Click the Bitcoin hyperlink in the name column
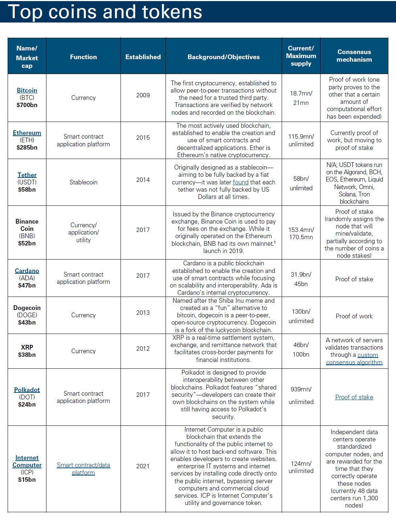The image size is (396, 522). click(x=27, y=90)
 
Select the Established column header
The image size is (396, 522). click(x=143, y=57)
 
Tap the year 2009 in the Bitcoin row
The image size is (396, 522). click(x=143, y=95)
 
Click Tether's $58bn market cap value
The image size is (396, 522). click(x=27, y=189)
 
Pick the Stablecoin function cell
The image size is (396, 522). click(x=83, y=182)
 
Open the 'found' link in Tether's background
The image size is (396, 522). click(x=241, y=182)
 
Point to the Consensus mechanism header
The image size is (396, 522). click(x=354, y=56)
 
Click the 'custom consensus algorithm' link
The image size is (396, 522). click(x=354, y=359)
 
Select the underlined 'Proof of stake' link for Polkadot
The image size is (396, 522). click(x=354, y=397)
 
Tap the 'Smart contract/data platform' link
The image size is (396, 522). click(x=83, y=469)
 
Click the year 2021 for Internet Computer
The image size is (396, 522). click(x=143, y=466)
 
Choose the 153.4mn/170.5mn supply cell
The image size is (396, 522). click(x=301, y=233)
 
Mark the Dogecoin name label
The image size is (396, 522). click(x=27, y=308)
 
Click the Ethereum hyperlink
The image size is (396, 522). click(x=27, y=133)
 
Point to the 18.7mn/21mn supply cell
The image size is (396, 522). click(x=301, y=98)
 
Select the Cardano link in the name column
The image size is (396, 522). click(x=27, y=271)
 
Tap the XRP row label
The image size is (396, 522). click(x=27, y=347)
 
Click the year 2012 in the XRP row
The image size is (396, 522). click(x=143, y=348)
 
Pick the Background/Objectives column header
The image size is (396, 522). click(x=224, y=57)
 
